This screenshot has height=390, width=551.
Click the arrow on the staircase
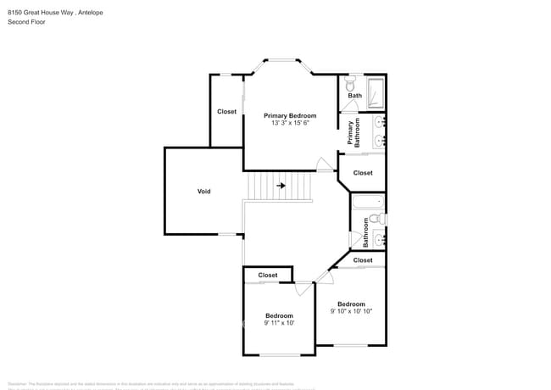point(281,185)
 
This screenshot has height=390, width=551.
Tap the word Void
point(203,192)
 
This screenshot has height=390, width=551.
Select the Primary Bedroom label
point(290,115)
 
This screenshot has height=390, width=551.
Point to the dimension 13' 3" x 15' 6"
point(290,124)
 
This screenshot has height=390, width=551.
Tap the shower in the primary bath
point(376,90)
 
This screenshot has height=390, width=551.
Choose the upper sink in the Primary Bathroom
point(380,122)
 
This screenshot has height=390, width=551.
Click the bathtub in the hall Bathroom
point(367,203)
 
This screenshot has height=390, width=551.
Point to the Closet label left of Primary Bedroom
point(226,112)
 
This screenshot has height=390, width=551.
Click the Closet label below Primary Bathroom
point(363,173)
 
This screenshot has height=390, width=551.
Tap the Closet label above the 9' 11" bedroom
point(268,275)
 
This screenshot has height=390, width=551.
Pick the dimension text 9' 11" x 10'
point(279,323)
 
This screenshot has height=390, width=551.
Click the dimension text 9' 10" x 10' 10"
point(351,311)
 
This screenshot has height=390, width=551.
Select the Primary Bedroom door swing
point(321,164)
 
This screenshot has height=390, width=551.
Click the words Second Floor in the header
point(26,22)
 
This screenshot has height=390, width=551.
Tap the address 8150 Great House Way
point(41,12)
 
